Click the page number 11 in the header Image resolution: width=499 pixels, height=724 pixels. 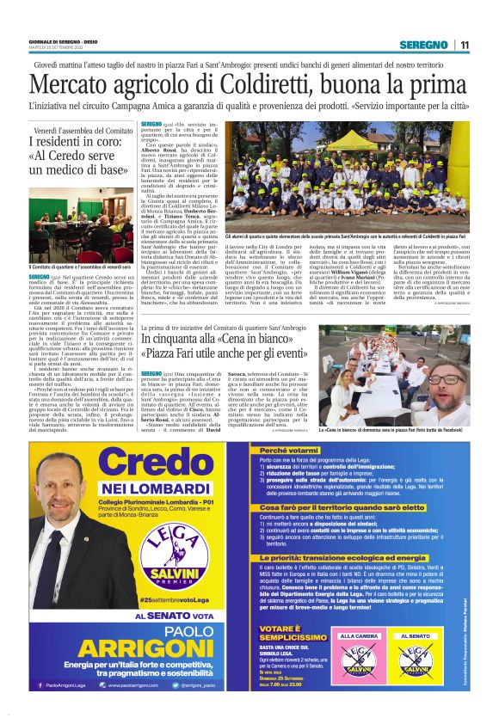(x=465, y=45)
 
